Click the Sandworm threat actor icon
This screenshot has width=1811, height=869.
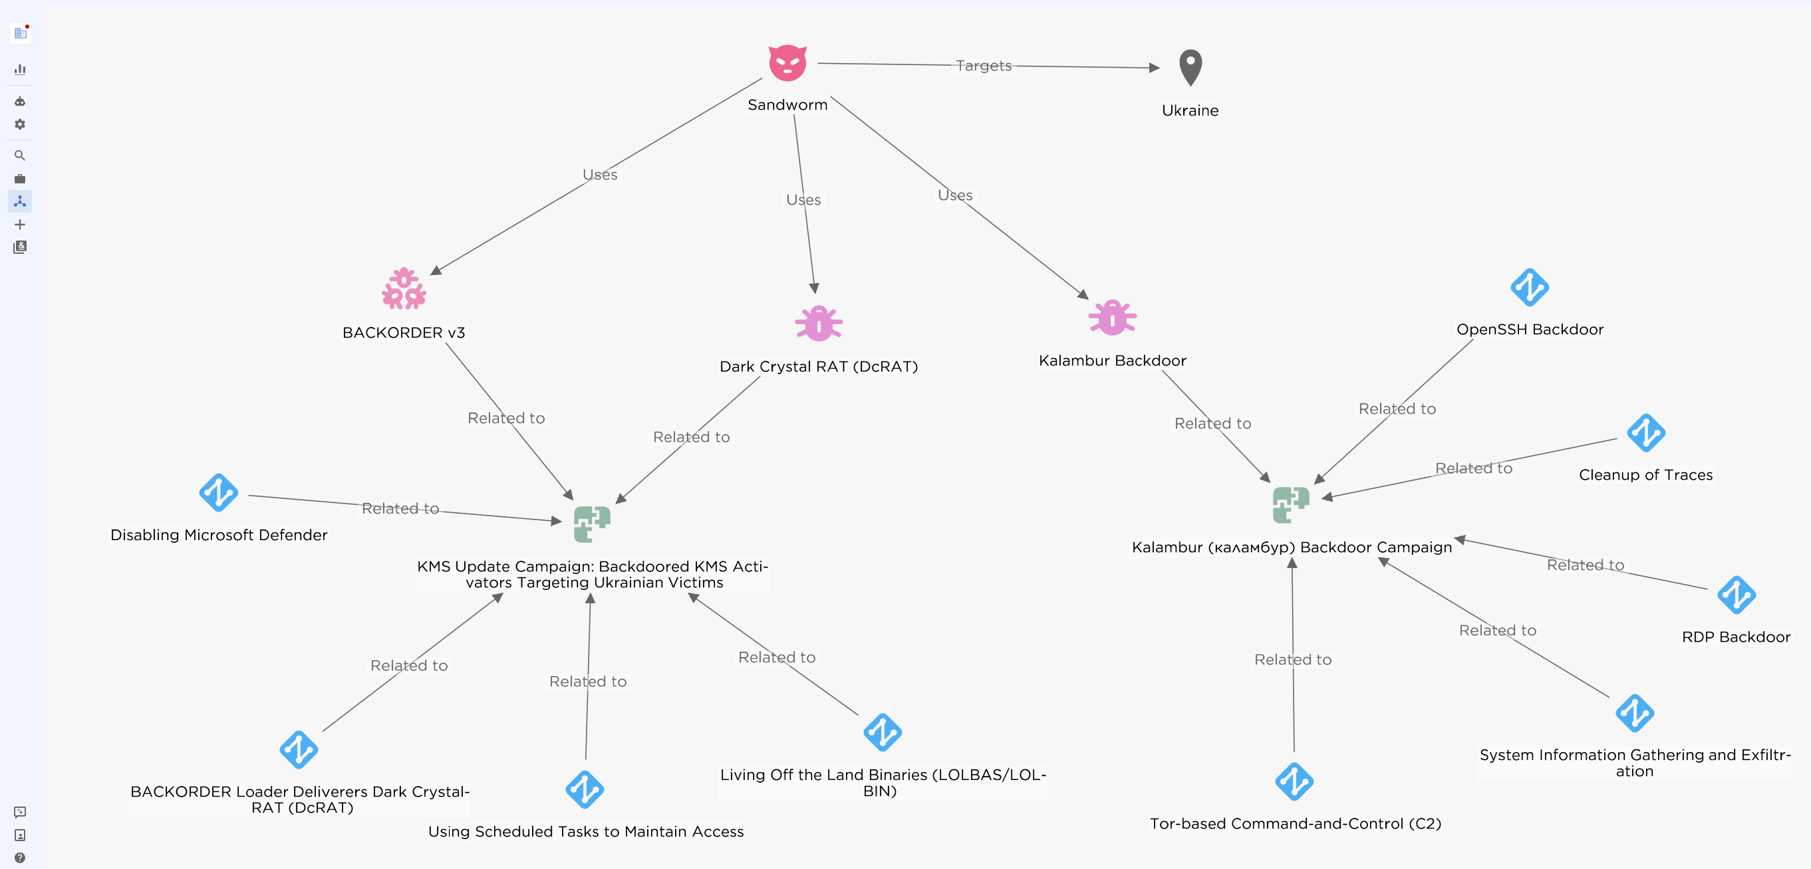click(x=787, y=63)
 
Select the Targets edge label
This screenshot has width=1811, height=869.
click(x=984, y=65)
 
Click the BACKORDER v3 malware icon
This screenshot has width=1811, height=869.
click(x=404, y=289)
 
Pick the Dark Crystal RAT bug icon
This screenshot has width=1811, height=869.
click(x=818, y=324)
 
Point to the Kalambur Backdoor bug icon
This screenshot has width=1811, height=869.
click(x=1112, y=318)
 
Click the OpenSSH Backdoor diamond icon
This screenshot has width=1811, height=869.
click(x=1529, y=287)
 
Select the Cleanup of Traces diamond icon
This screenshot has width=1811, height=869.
click(x=1645, y=433)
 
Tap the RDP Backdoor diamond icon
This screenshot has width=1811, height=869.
click(x=1736, y=595)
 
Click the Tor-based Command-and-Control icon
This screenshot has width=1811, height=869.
click(x=1294, y=781)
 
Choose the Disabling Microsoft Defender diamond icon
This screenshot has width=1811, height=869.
click(x=219, y=492)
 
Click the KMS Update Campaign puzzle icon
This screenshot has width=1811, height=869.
click(x=591, y=524)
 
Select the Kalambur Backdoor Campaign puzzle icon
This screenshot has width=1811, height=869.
click(x=1291, y=504)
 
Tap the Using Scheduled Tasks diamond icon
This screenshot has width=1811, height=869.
click(x=584, y=790)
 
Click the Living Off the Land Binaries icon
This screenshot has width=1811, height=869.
click(x=883, y=733)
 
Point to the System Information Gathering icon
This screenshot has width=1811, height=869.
click(x=1635, y=713)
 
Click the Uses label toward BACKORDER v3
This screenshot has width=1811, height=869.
click(x=600, y=174)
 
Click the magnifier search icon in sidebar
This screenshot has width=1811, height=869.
click(x=20, y=155)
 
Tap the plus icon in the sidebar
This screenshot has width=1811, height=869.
click(x=20, y=225)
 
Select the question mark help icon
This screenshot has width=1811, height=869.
click(x=20, y=858)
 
